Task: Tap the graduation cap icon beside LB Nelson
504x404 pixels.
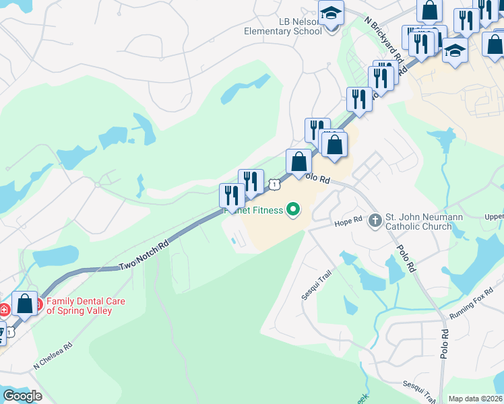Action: click(331, 14)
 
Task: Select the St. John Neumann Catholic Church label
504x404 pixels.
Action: click(418, 222)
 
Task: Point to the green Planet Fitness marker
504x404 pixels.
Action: click(293, 211)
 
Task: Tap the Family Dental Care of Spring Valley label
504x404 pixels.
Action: click(86, 306)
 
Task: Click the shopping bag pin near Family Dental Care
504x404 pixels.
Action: click(25, 304)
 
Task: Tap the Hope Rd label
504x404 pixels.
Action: click(349, 220)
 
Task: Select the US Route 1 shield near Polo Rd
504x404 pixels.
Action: click(274, 183)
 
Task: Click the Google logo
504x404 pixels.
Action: click(22, 396)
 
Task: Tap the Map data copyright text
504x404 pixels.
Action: click(476, 399)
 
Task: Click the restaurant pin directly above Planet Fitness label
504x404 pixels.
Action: click(232, 196)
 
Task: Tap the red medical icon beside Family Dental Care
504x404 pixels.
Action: click(5, 309)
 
